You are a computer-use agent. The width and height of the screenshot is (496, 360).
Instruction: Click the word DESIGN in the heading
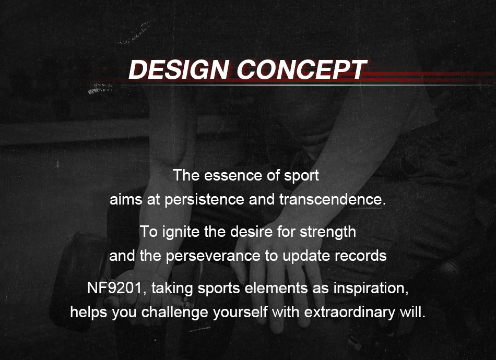pyautogui.click(x=179, y=69)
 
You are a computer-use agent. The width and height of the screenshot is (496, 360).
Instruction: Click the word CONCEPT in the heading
pyautogui.click(x=302, y=69)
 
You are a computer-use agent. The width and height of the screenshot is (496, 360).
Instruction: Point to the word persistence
pyautogui.click(x=204, y=200)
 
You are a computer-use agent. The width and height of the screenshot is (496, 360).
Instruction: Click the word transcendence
pyautogui.click(x=333, y=199)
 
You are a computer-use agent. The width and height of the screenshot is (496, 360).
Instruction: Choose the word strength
pyautogui.click(x=328, y=232)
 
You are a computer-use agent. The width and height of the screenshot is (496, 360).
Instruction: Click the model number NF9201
pyautogui.click(x=114, y=288)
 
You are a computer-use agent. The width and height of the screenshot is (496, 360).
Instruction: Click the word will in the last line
pyautogui.click(x=412, y=312)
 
